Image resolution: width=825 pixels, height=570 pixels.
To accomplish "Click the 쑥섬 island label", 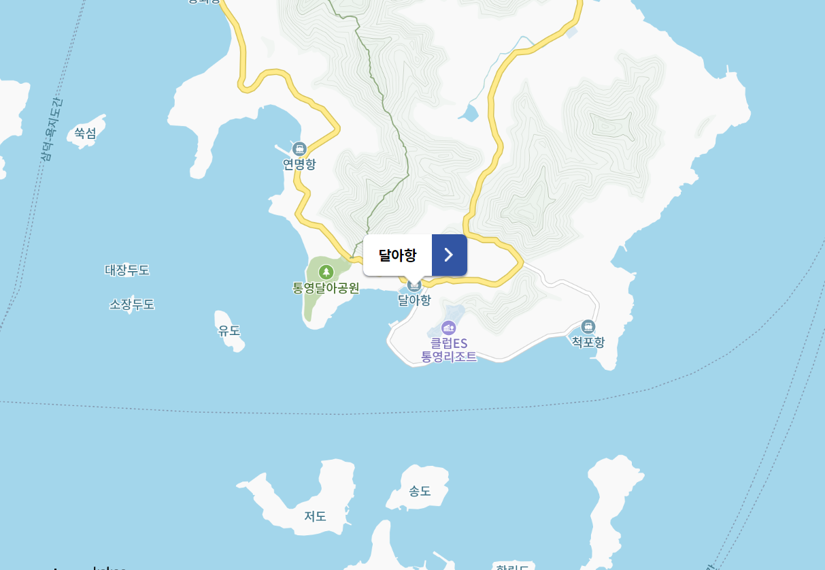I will (x=85, y=133).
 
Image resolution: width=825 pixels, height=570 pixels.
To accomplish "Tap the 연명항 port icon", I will (x=299, y=148).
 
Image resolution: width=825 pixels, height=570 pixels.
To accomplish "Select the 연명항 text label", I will (x=299, y=164).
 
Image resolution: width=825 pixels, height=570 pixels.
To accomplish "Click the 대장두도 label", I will (x=127, y=270).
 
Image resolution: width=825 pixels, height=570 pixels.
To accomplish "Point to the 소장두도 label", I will (x=132, y=304).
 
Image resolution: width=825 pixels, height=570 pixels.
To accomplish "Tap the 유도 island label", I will (x=229, y=331).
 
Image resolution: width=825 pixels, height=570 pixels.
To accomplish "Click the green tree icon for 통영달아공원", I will (x=326, y=272).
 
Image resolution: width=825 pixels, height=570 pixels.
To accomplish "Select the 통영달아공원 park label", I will (x=326, y=287).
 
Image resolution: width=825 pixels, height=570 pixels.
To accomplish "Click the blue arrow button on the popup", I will (x=449, y=255).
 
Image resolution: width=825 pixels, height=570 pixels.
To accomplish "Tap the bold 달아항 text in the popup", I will (x=397, y=255).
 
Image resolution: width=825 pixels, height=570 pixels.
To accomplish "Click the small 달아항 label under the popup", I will (x=414, y=300).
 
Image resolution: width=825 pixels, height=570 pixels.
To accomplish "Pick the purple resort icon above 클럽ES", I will (x=449, y=328).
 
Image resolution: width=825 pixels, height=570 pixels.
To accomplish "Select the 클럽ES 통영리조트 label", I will (x=449, y=350).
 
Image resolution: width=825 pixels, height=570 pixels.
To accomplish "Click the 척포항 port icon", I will (x=588, y=326).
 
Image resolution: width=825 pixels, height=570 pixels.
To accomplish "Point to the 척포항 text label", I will (x=588, y=342).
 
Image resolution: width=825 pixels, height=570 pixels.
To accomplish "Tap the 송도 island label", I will (x=420, y=490).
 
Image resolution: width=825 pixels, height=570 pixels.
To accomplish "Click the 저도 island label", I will (x=316, y=516).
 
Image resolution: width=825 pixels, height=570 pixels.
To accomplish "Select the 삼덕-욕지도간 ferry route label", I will (x=52, y=129).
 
